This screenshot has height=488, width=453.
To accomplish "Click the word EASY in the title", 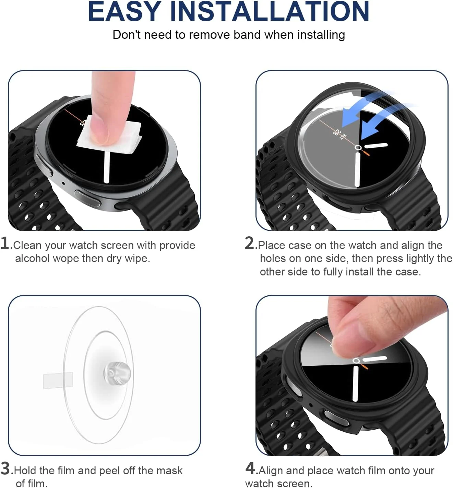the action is (x=124, y=12).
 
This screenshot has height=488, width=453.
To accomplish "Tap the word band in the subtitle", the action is (x=247, y=35).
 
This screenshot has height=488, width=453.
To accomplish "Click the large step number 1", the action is (x=5, y=243).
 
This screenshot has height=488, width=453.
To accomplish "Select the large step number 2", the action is (x=250, y=243).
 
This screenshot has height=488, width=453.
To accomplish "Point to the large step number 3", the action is (x=5, y=468).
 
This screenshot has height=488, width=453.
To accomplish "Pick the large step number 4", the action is (x=250, y=468).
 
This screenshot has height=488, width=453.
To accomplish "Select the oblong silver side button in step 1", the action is (x=88, y=198).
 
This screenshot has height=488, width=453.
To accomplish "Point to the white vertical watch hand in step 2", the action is (x=357, y=170).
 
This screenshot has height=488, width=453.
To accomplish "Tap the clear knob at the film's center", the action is (x=117, y=374).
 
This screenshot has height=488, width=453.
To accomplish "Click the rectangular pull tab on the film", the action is (x=58, y=381).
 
